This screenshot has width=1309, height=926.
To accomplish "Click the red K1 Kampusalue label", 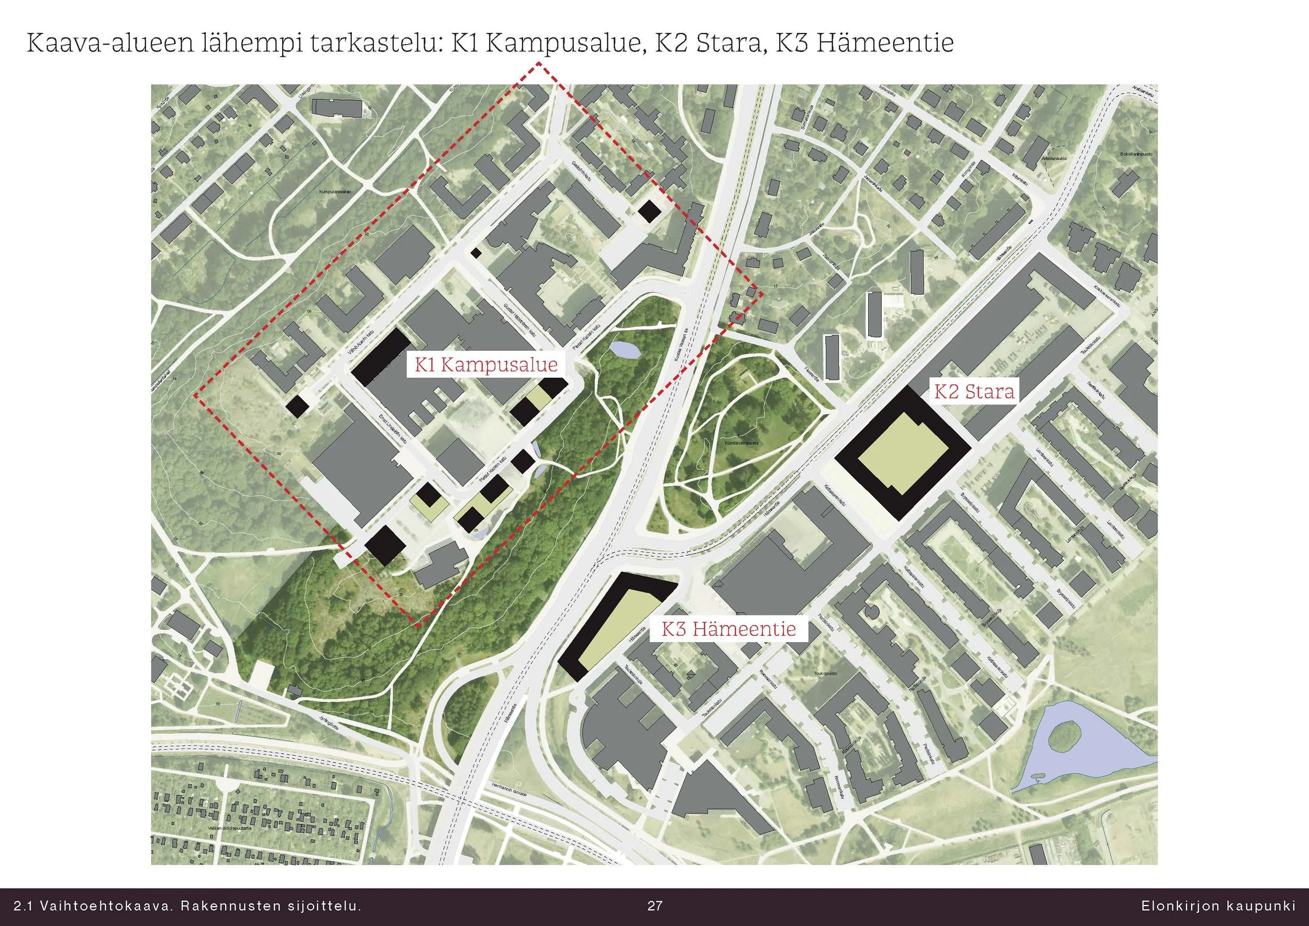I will (486, 365).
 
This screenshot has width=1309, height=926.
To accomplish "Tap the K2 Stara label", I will (974, 392).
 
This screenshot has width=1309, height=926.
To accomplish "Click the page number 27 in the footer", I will (654, 906).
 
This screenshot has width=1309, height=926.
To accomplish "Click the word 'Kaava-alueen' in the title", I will (108, 43).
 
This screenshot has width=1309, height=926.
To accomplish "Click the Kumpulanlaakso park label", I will (336, 192).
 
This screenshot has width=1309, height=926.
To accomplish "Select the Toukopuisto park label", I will (826, 674).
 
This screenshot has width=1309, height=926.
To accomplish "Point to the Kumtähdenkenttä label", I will (742, 443).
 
